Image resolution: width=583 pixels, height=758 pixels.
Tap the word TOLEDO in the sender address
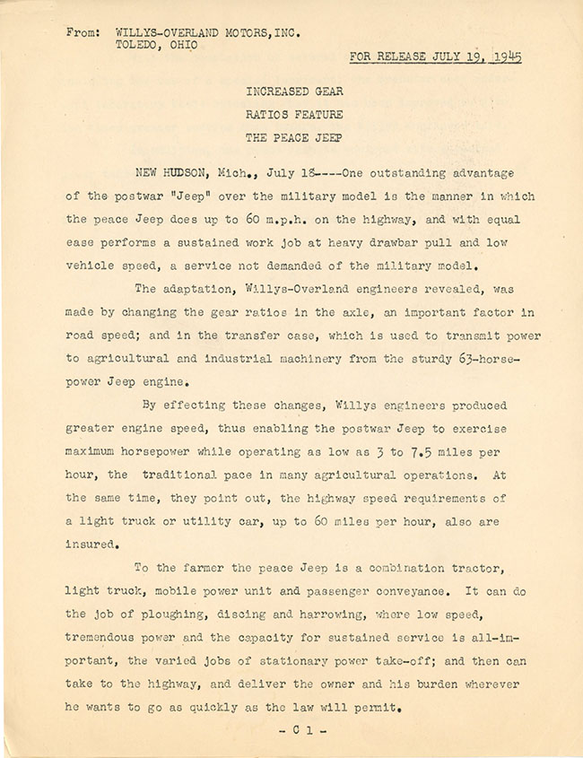click(139, 48)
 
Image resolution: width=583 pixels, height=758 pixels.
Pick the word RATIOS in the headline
click(265, 115)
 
